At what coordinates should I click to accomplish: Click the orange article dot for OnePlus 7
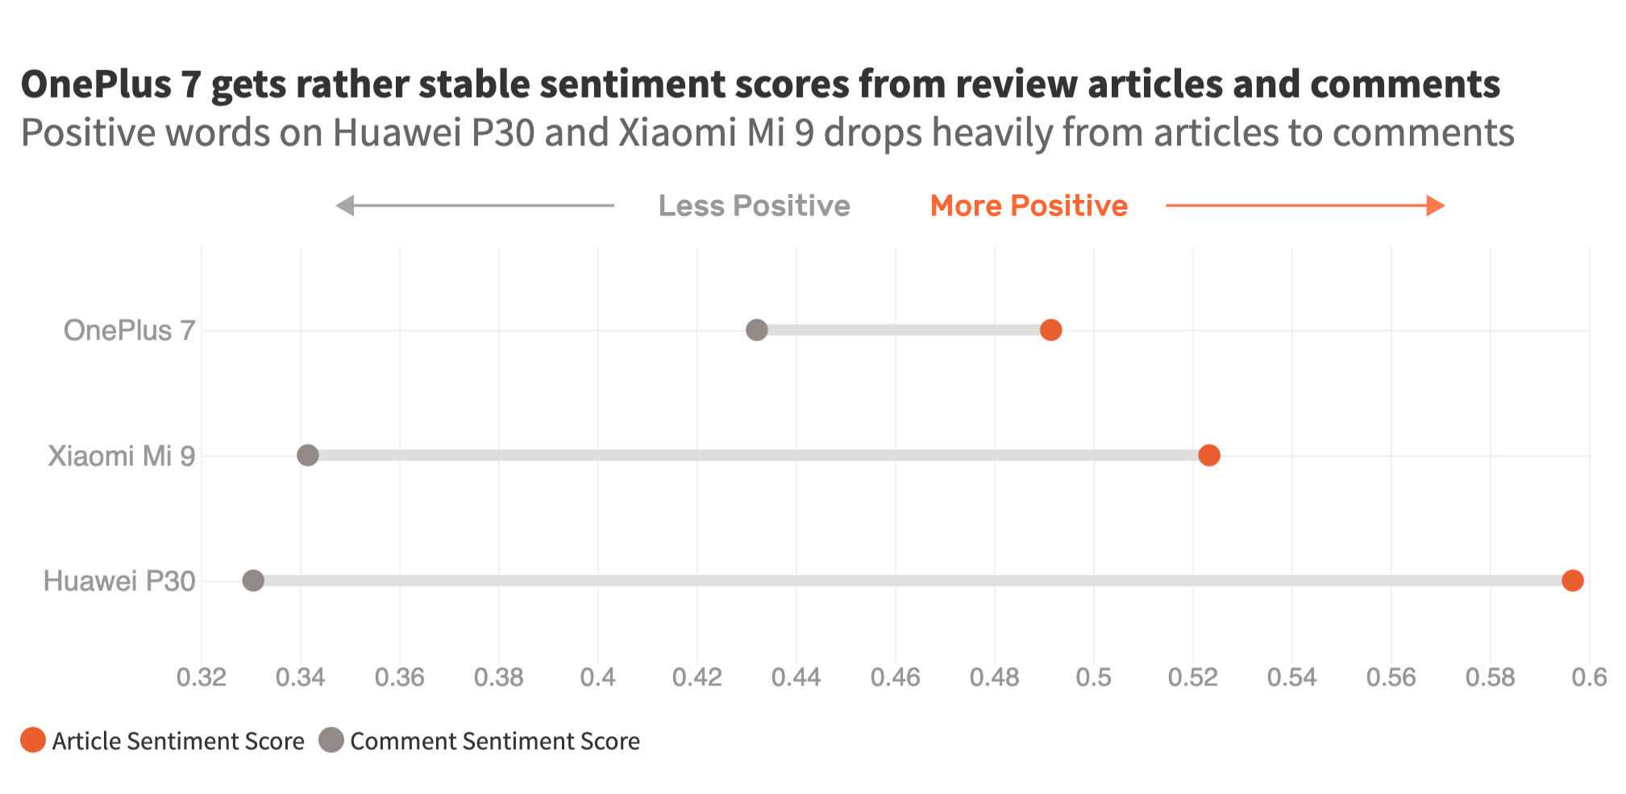click(1050, 330)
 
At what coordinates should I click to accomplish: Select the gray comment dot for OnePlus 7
click(756, 330)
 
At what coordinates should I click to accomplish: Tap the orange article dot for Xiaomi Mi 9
click(1208, 455)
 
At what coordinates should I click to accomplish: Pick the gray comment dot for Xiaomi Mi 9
click(308, 455)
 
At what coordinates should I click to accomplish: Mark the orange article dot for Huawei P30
click(1572, 580)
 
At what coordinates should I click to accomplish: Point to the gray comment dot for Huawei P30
click(253, 580)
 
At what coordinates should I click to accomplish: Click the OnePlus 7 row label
click(129, 330)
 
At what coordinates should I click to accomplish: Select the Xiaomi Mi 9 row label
click(121, 456)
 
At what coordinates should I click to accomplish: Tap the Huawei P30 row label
click(119, 581)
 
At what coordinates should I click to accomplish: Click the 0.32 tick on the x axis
click(202, 677)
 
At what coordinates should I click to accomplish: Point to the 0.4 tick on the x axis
click(598, 677)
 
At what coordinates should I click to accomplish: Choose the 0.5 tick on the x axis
click(1094, 677)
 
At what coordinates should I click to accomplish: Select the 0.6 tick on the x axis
click(1589, 677)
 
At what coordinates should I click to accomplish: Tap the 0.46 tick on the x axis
click(896, 677)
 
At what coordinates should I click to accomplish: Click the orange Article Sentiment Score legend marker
click(33, 740)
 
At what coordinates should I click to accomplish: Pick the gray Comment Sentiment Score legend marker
click(331, 740)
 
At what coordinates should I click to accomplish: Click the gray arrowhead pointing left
click(345, 206)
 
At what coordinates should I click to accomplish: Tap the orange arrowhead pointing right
click(1435, 206)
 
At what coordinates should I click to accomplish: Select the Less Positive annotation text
click(754, 206)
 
